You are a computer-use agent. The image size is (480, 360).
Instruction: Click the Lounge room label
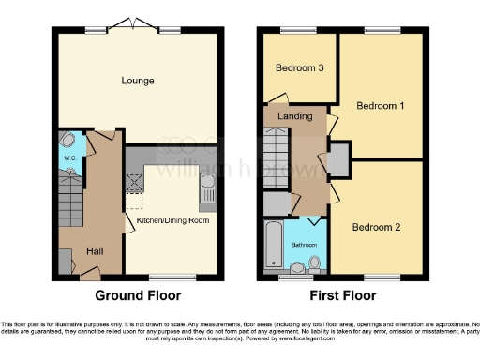138,81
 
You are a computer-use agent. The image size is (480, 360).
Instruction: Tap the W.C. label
69,157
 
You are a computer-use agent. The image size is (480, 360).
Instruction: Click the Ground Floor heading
138,295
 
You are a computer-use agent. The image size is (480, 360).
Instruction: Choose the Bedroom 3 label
298,68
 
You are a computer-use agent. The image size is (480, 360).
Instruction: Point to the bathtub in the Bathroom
273,246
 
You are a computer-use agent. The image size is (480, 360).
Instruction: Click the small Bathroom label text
303,244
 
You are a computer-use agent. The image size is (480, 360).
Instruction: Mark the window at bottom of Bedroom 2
379,277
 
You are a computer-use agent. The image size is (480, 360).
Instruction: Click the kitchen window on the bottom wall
166,277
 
